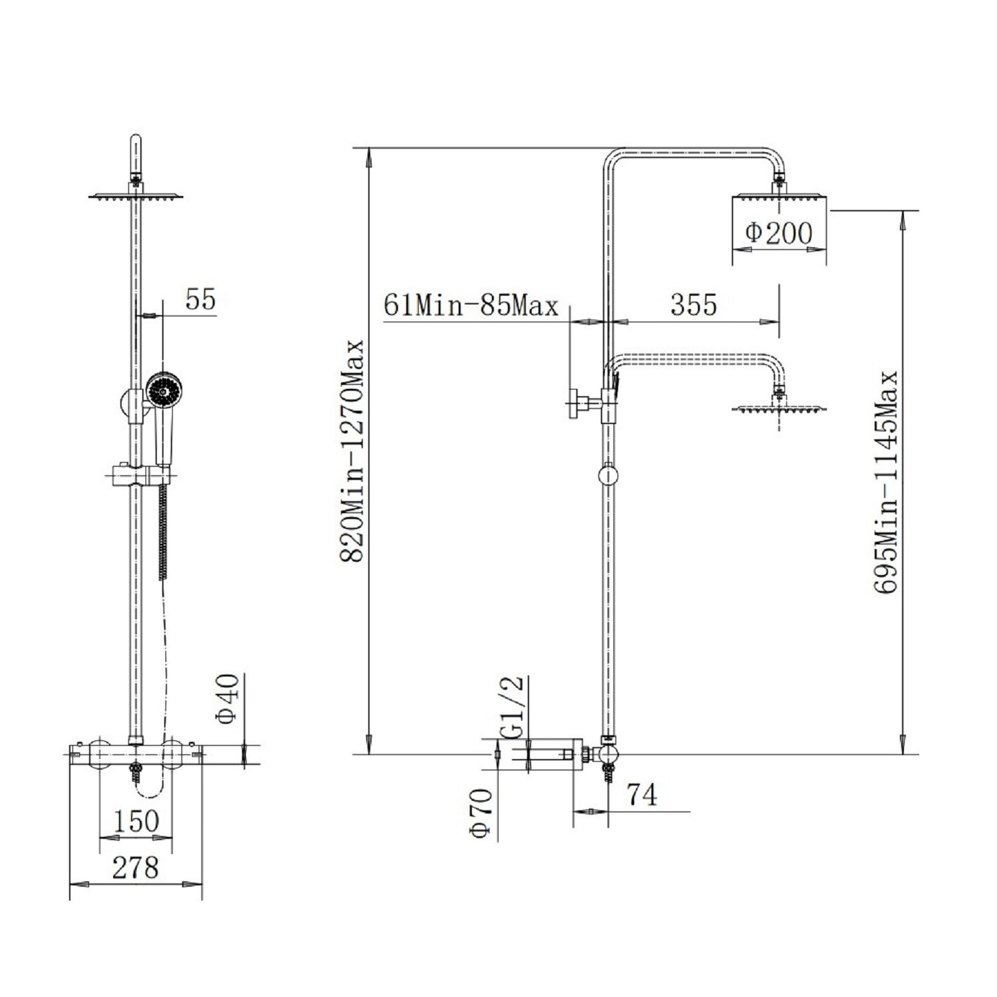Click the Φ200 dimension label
tap(778, 233)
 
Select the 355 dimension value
tap(693, 304)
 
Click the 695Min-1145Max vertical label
tap(887, 483)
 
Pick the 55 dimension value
tap(201, 299)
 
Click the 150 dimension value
tap(136, 821)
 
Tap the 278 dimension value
tap(136, 867)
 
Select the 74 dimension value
tap(641, 795)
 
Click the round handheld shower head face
tap(161, 391)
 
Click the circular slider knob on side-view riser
tap(608, 476)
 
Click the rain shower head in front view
tap(136, 196)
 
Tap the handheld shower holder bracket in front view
tap(138, 475)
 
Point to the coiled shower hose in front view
tap(162, 532)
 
